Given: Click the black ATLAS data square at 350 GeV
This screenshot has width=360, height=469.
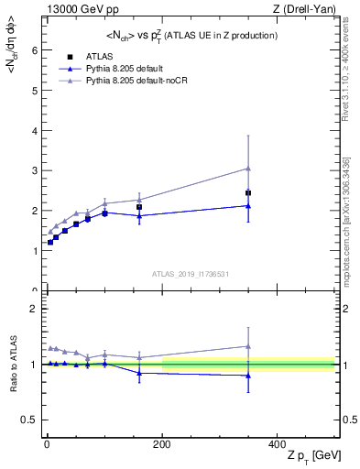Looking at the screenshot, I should coord(248,193).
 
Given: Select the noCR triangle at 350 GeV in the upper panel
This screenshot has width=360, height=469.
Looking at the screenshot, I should coord(248,169).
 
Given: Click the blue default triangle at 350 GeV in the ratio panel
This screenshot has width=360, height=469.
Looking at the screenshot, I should coord(248,376).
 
